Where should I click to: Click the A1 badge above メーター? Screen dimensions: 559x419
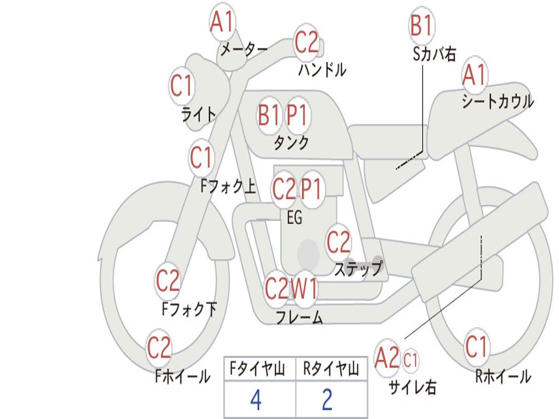click(222, 22)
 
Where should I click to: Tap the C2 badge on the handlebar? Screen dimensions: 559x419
click(306, 42)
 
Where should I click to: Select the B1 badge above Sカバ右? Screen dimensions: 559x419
click(422, 26)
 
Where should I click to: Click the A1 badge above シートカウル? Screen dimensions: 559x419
click(474, 75)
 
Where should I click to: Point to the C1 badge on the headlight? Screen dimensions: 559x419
click(182, 86)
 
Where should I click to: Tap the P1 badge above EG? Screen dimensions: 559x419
click(312, 189)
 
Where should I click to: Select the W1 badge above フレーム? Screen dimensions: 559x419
click(304, 289)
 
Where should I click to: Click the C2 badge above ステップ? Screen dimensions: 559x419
click(338, 242)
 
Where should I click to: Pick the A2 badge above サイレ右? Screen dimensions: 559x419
click(388, 357)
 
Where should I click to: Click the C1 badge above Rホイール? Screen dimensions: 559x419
click(476, 347)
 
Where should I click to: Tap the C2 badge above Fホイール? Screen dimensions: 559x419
click(159, 348)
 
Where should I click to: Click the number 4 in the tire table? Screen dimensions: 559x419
click(256, 400)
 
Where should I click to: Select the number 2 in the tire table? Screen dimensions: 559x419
click(328, 400)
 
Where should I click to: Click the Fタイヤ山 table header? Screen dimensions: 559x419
click(258, 369)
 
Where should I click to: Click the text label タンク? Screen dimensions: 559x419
click(292, 142)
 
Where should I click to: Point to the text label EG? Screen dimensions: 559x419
click(294, 217)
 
